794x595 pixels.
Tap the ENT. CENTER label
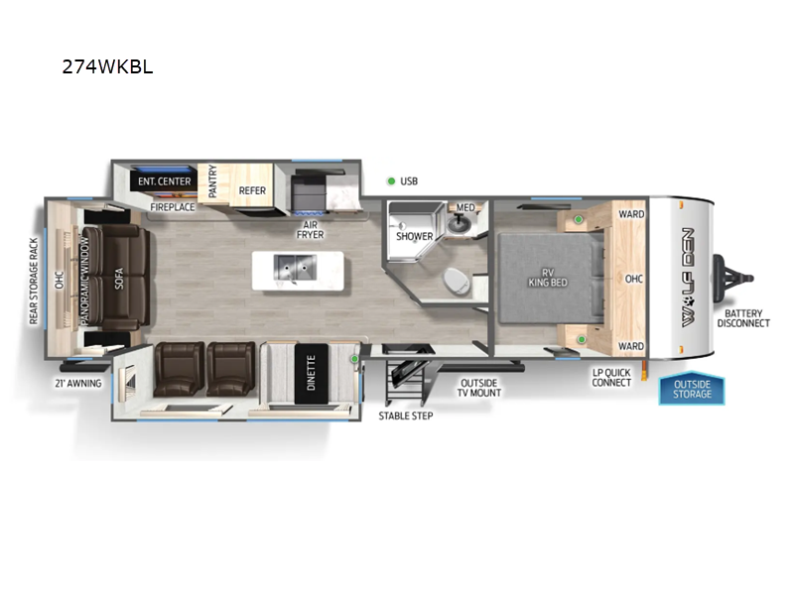[x=165, y=181]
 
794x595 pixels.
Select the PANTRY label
[x=212, y=183]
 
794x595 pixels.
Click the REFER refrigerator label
[x=252, y=189]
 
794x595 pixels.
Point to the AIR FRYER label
[x=311, y=229]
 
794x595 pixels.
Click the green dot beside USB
[x=391, y=180]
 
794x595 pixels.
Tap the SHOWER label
[x=414, y=236]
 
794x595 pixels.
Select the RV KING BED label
[x=546, y=277]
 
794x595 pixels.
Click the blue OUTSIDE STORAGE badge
[x=692, y=389]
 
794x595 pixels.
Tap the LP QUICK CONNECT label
[x=611, y=377]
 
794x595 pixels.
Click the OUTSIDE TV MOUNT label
[x=479, y=387]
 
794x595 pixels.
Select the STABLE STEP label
[x=405, y=415]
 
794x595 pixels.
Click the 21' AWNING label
[x=78, y=382]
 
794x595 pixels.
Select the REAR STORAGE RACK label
[x=35, y=281]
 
